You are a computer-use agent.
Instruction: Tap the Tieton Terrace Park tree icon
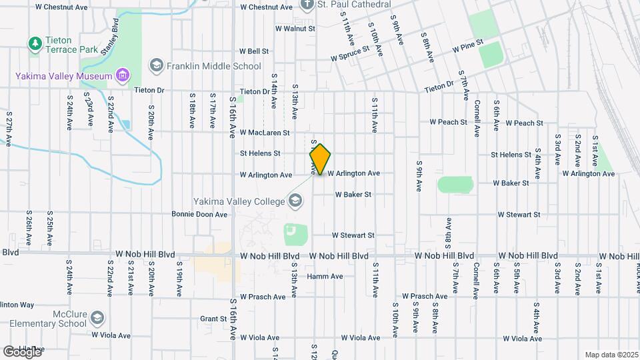pyautogui.click(x=35, y=44)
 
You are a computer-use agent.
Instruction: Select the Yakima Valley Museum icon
pyautogui.click(x=121, y=76)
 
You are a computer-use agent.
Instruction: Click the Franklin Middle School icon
pyautogui.click(x=156, y=66)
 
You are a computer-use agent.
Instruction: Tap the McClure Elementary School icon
pyautogui.click(x=97, y=317)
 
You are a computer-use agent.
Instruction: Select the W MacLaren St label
pyautogui.click(x=265, y=133)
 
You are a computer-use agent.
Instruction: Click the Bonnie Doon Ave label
pyautogui.click(x=199, y=215)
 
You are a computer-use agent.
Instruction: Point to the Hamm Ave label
pyautogui.click(x=325, y=277)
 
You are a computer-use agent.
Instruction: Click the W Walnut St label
pyautogui.click(x=295, y=29)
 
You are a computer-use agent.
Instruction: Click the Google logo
pyautogui.click(x=21, y=352)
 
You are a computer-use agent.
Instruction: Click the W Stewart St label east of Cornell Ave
pyautogui.click(x=518, y=215)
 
